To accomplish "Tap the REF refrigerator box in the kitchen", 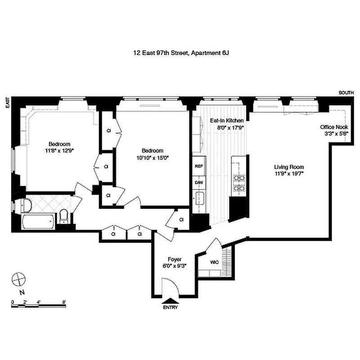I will click(198, 166).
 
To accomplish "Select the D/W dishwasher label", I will click(198, 183).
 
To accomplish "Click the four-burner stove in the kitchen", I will click(238, 183).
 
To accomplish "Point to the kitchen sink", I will click(199, 198).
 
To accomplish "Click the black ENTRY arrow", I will click(171, 301).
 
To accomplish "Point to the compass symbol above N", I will click(18, 279).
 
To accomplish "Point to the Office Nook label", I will click(334, 127).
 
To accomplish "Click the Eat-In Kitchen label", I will click(227, 121).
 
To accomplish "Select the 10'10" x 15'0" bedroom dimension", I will click(153, 157).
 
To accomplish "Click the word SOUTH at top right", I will click(346, 93).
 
